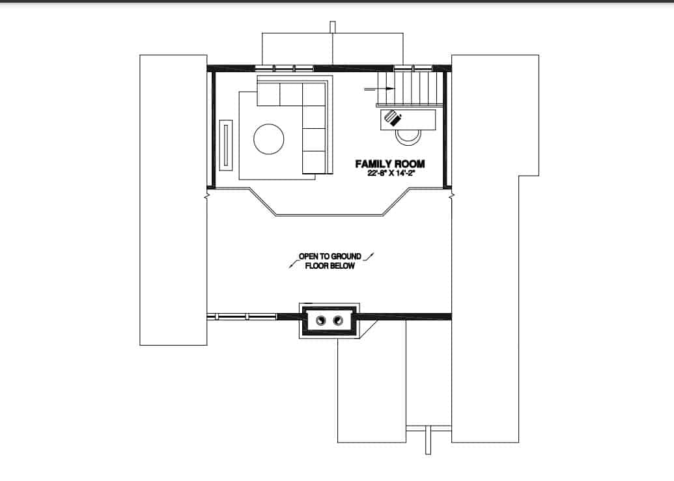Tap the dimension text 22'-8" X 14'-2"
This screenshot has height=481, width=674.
[x=391, y=173]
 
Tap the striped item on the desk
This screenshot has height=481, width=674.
[x=393, y=118]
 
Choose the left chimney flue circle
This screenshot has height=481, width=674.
[x=321, y=320]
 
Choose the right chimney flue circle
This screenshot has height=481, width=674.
[x=337, y=320]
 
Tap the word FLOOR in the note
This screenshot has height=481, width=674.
[x=316, y=266]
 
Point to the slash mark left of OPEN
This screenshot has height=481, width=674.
[x=291, y=264]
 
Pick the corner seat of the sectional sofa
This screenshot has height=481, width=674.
[x=314, y=94]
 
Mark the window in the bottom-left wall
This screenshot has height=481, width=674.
[x=242, y=317]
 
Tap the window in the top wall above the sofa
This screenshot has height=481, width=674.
[x=284, y=67]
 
